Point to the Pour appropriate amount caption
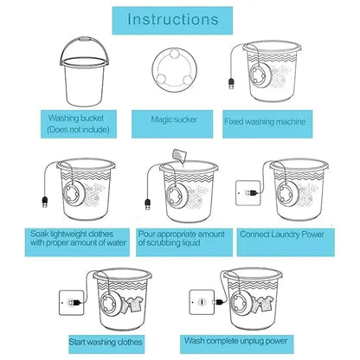[x=181, y=239]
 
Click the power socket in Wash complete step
[x=199, y=302]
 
